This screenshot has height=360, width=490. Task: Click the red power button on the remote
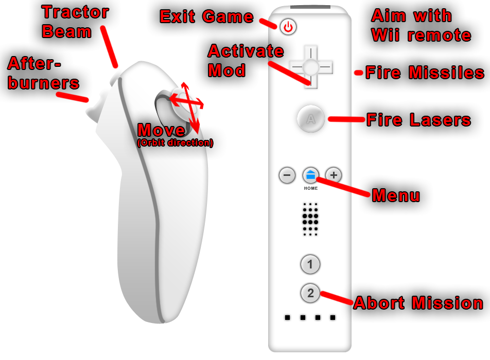tap(288, 27)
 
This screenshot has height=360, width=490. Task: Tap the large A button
tap(310, 119)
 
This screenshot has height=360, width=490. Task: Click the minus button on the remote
tap(287, 175)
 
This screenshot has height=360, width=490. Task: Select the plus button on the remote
tap(334, 175)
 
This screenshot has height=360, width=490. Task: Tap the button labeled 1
tap(310, 265)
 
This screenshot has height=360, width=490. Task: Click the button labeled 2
tap(310, 294)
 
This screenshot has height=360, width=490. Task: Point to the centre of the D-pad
tap(311, 67)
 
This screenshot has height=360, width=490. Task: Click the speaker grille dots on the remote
tap(310, 219)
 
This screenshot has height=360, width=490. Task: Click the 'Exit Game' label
tap(207, 17)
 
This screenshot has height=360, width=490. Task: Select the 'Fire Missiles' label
tap(425, 73)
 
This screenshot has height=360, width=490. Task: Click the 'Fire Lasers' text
tap(418, 120)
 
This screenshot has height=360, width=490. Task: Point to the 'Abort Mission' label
tap(418, 303)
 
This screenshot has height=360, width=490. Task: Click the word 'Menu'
tap(396, 196)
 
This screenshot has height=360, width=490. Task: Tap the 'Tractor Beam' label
tap(75, 22)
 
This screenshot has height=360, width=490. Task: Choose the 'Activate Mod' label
tap(246, 61)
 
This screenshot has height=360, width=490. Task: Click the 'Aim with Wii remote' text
tap(421, 26)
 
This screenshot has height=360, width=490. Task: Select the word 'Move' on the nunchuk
tap(162, 131)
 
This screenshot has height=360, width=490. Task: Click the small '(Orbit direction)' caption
tap(175, 143)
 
